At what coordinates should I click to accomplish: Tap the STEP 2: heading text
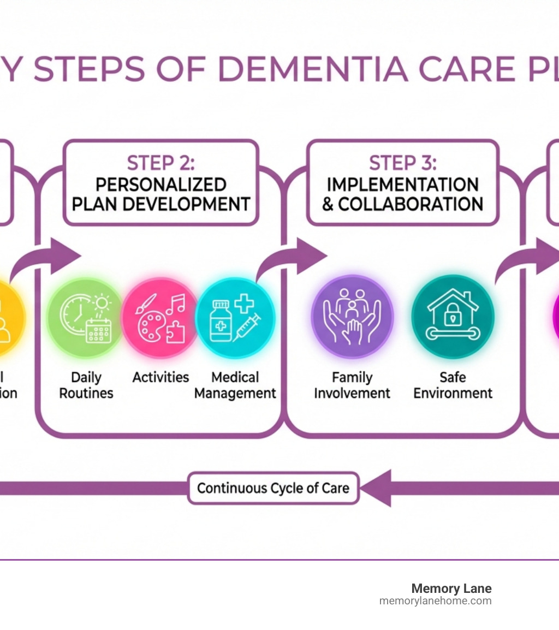[160, 163]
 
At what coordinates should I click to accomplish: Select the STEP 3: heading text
[403, 163]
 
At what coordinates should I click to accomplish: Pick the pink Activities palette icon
[160, 318]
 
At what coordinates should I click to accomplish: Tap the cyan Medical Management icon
[235, 318]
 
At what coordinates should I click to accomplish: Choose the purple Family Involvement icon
[352, 317]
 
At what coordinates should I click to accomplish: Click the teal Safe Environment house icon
[453, 317]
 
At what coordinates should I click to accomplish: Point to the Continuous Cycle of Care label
[273, 488]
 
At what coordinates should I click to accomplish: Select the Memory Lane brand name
[451, 589]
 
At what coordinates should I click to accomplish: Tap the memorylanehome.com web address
[435, 601]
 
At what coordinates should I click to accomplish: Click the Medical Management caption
[235, 385]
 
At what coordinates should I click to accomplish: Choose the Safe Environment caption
[453, 385]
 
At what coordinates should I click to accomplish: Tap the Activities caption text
[160, 377]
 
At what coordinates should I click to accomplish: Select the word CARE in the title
[467, 69]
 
